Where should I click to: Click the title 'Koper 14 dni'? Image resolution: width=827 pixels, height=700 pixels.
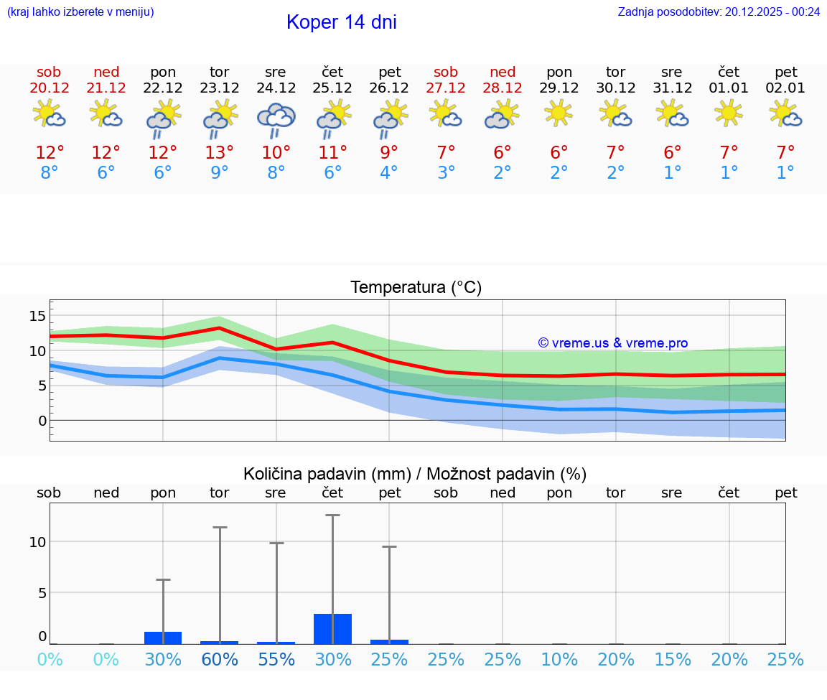tap(341, 22)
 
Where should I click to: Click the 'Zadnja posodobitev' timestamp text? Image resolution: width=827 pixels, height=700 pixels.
tap(719, 12)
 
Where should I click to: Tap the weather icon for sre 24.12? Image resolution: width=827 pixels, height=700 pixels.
tap(276, 119)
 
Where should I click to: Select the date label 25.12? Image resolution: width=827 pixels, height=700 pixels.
tap(332, 88)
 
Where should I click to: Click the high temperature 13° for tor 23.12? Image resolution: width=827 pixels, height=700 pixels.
tap(219, 153)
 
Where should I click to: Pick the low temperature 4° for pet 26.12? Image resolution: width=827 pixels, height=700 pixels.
tap(389, 173)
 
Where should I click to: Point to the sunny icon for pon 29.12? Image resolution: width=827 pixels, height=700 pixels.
tap(559, 113)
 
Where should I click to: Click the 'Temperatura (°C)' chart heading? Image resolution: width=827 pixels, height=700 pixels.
tap(416, 288)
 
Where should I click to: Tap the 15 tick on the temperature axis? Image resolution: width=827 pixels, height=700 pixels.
tap(37, 316)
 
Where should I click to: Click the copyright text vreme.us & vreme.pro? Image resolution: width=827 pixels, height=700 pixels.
tap(612, 343)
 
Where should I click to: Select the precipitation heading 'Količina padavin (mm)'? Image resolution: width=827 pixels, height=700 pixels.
tap(327, 474)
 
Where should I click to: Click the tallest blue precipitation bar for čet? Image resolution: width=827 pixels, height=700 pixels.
tap(332, 629)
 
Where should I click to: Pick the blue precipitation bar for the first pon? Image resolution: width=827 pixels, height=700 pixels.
tap(163, 638)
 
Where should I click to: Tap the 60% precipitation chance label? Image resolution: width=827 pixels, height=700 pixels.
tap(219, 660)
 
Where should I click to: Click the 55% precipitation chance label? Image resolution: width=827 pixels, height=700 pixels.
tap(276, 660)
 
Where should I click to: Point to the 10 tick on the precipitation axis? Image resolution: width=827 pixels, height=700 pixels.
tap(37, 542)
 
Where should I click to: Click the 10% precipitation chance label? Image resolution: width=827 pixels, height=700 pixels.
tap(559, 660)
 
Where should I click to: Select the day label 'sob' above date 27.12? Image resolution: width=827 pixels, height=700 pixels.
tap(446, 72)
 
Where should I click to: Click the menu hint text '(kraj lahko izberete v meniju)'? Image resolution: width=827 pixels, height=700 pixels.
tap(80, 12)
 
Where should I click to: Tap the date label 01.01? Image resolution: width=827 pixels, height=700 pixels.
tap(729, 88)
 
